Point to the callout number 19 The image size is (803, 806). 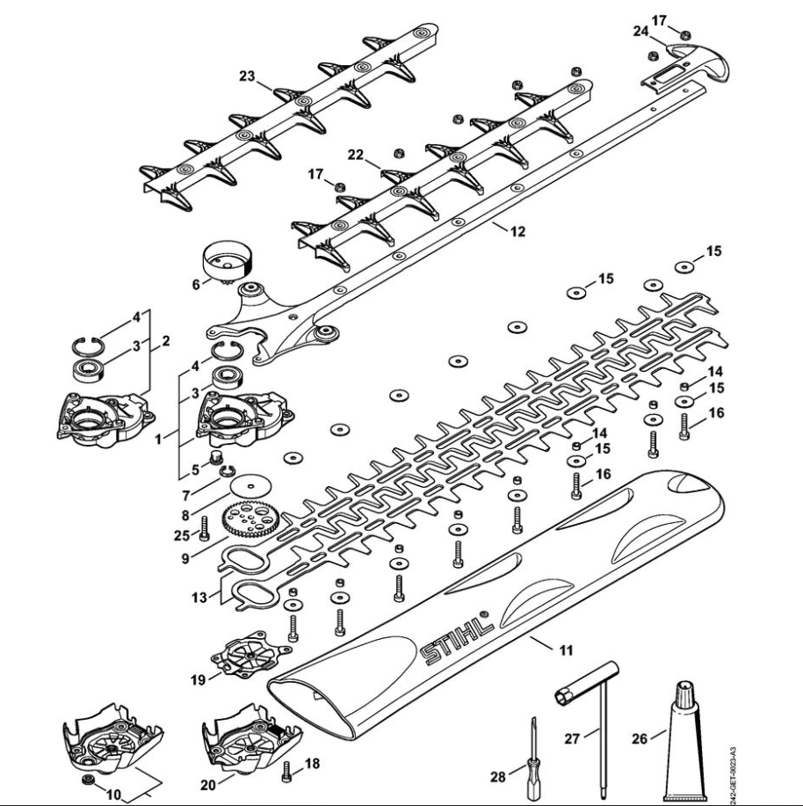(199, 679)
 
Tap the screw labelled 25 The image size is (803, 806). (203, 527)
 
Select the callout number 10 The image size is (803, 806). (113, 795)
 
